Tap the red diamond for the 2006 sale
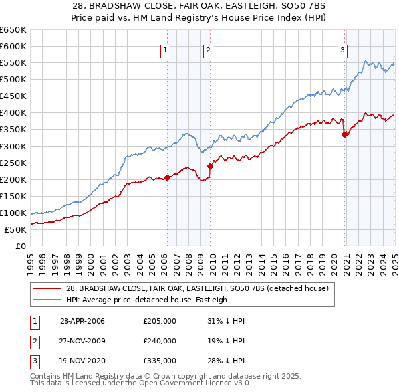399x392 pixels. (168, 177)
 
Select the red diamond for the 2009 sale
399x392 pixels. (211, 165)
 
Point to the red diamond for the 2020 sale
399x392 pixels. (344, 134)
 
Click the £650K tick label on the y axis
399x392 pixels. (13, 30)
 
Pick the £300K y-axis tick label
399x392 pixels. (13, 146)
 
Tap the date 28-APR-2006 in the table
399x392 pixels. (82, 321)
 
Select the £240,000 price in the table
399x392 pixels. (160, 341)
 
